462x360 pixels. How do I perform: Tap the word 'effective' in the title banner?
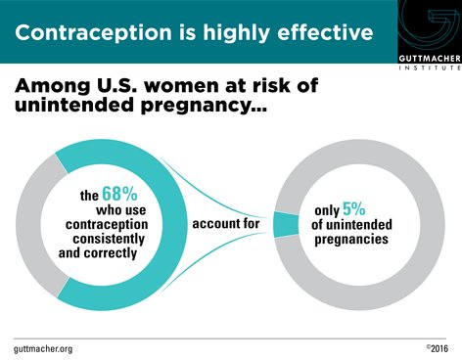pos(319,32)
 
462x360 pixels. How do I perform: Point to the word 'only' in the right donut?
pos(327,209)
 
